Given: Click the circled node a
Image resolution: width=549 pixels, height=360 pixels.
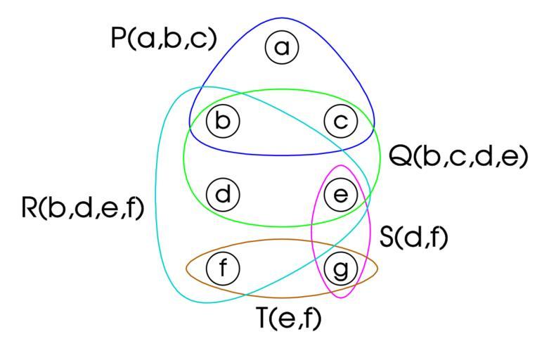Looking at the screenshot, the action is point(282,47).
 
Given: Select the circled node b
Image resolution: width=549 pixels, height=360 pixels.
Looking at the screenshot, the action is point(223,121).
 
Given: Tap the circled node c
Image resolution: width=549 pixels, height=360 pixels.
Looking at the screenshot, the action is point(341,121).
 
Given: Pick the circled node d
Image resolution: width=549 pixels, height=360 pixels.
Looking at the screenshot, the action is point(223,194).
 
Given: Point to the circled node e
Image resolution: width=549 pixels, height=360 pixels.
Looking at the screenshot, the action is point(341,194).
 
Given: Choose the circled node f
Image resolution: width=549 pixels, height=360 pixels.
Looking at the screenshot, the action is point(223,269).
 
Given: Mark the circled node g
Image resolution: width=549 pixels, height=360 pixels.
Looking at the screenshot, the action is point(341,269).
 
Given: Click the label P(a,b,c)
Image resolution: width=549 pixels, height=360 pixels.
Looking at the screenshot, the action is point(164,39).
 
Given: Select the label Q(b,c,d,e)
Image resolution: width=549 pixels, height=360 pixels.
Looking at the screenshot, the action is point(458,156).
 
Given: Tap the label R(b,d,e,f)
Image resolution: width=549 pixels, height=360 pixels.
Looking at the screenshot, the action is point(83,208).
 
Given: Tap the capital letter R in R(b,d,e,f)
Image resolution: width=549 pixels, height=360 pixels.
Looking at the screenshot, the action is point(30,207).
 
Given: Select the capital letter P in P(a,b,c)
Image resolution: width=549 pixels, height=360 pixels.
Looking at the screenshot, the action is point(117,38).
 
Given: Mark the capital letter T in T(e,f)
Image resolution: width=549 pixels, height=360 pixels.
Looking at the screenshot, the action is point(265,318).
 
